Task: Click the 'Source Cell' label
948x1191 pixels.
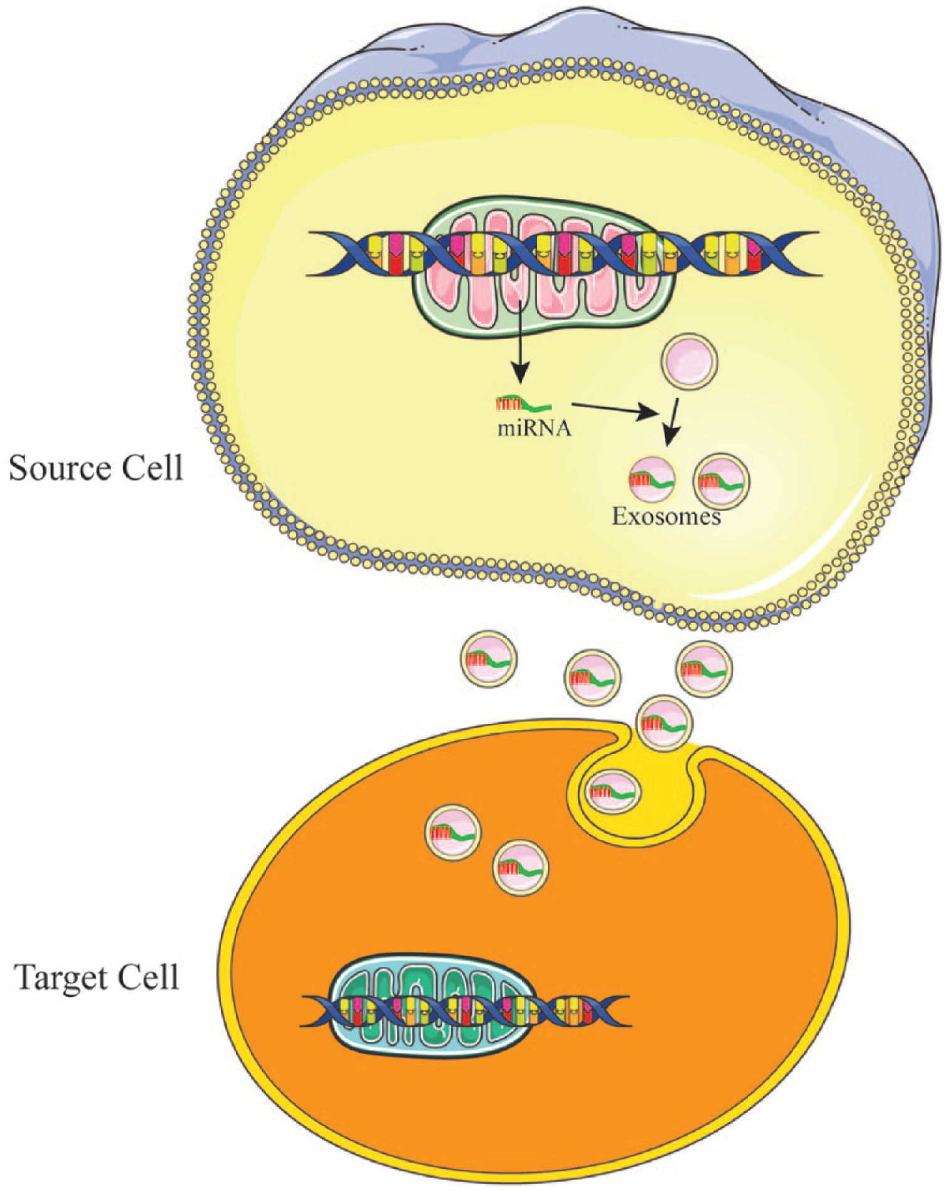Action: pyautogui.click(x=95, y=469)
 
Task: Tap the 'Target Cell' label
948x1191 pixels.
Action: pyautogui.click(x=97, y=978)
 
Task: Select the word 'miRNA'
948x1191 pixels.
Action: pyautogui.click(x=534, y=428)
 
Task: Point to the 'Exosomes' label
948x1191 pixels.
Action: pyautogui.click(x=666, y=516)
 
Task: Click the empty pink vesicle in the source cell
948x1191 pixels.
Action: pyautogui.click(x=689, y=362)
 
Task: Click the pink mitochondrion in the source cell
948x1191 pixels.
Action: pyautogui.click(x=543, y=266)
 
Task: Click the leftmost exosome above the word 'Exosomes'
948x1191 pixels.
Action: pyautogui.click(x=652, y=480)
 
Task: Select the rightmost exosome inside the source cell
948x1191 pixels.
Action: pyautogui.click(x=722, y=481)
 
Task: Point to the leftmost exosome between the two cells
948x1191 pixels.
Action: pyautogui.click(x=489, y=659)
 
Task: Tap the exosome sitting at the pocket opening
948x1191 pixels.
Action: pyautogui.click(x=664, y=723)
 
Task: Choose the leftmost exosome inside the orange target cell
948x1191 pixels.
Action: pyautogui.click(x=454, y=833)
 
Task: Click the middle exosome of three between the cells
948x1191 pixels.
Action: pyautogui.click(x=593, y=677)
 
